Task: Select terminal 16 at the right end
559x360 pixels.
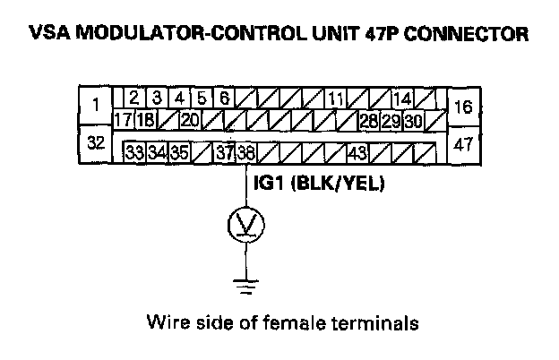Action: coord(462,106)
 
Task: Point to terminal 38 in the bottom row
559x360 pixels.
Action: coord(245,152)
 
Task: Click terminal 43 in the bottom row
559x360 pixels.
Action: coord(357,152)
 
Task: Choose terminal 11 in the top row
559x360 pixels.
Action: coord(336,99)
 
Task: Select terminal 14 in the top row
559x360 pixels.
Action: coord(402,99)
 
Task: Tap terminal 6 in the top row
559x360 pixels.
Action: coord(224,98)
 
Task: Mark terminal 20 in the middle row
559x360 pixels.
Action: coord(190,119)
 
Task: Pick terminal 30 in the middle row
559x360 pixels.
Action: coord(413,119)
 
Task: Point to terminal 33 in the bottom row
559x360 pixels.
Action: coord(135,152)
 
